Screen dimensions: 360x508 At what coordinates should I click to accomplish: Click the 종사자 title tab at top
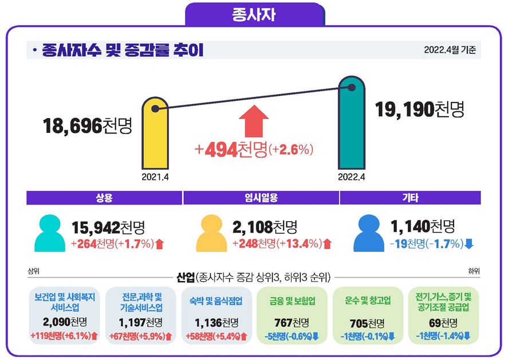click(x=254, y=14)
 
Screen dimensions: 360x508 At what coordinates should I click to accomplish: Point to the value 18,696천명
click(x=88, y=126)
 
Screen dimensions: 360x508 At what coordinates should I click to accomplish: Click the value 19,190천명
click(x=419, y=109)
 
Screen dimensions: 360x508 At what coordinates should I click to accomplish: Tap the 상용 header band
click(x=104, y=198)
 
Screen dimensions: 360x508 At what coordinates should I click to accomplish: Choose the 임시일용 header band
click(x=261, y=198)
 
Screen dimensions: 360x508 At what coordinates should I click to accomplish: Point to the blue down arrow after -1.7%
click(x=469, y=244)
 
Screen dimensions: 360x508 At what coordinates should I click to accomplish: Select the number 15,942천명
click(x=107, y=227)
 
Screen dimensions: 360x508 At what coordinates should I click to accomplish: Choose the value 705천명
click(x=368, y=322)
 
